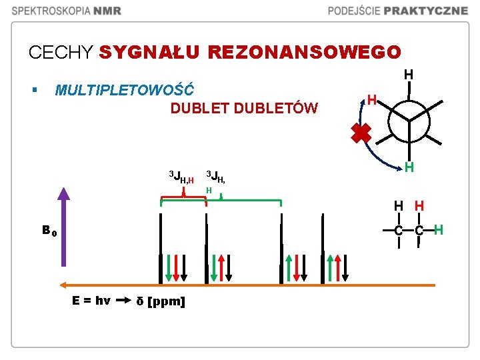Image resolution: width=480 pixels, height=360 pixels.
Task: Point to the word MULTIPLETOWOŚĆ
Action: point(125,89)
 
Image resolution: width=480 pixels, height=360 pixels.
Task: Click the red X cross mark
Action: point(361,133)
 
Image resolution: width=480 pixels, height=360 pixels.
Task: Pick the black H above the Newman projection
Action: point(409,75)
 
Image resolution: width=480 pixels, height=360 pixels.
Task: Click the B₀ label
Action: point(49,231)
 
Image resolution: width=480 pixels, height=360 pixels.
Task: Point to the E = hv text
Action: point(91,301)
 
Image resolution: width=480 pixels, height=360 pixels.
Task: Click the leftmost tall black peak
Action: point(161,247)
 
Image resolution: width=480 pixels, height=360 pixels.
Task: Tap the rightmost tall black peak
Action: point(323,247)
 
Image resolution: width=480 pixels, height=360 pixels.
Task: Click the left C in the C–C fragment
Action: point(398,231)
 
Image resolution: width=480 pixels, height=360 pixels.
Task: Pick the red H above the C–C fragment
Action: point(419,206)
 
